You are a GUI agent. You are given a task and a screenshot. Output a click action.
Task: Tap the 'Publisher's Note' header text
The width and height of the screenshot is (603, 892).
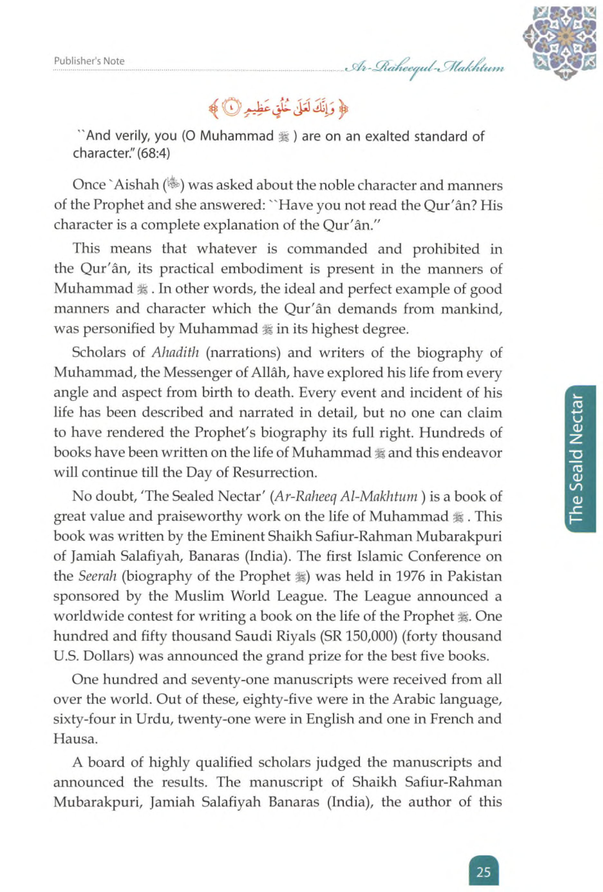(89, 61)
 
